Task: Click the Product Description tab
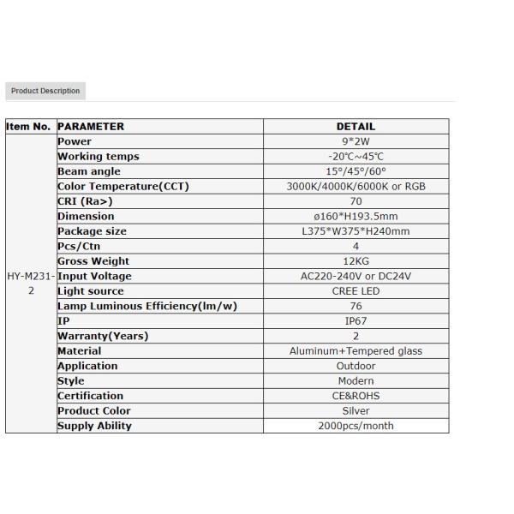[45, 91]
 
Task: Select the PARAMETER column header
[91, 127]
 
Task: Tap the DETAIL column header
[356, 127]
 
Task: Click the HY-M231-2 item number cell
[31, 284]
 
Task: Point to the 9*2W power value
[356, 141]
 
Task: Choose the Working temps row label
[98, 157]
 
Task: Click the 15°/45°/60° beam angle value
[356, 171]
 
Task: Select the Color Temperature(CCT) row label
[123, 187]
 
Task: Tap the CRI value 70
[356, 201]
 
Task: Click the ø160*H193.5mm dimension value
[356, 217]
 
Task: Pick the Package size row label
[92, 231]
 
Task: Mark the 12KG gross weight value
[356, 261]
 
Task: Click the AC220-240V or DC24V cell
[356, 276]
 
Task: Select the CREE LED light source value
[356, 291]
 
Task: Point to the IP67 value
[356, 321]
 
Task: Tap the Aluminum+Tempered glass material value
[356, 351]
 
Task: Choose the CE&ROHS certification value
[356, 396]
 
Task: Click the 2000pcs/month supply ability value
[356, 426]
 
